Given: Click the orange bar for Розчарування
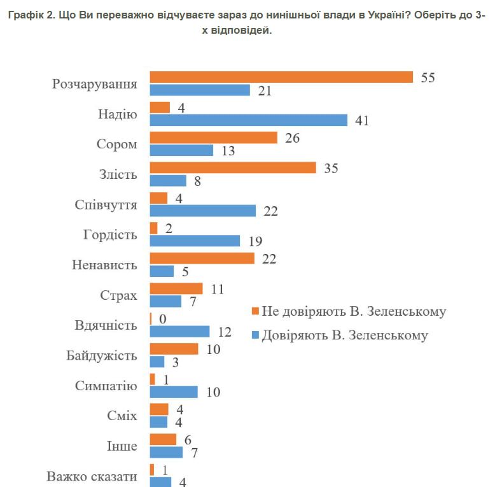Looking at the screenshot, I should tap(281, 77).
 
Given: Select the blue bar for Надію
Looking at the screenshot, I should tap(248, 120).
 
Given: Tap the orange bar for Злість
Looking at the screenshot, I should tap(232, 168).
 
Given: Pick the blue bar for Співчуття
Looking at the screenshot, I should tap(202, 211).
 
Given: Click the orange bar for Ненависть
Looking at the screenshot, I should tap(202, 258).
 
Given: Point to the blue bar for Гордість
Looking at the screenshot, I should tap(195, 241).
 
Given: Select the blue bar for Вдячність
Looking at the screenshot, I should tap(179, 331).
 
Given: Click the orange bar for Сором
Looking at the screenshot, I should tap(213, 138).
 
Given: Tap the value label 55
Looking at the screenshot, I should tap(428, 77).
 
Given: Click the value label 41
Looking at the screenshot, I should tap(362, 120).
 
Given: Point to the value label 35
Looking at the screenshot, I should tap(331, 168).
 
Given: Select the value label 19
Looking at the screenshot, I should tap(255, 241).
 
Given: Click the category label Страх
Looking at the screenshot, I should tap(118, 295).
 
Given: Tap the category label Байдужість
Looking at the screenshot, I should tap(102, 355).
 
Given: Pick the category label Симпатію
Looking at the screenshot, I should tap(106, 386).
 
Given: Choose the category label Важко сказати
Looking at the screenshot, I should tap(92, 476).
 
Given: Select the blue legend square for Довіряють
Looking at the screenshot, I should tap(255, 335).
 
